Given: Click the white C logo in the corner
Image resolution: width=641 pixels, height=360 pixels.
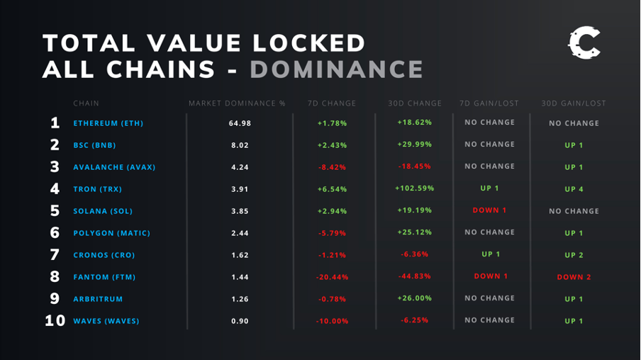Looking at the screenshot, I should pos(584,44).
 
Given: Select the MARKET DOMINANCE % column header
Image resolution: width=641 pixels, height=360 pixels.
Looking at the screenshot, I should pos(237,103).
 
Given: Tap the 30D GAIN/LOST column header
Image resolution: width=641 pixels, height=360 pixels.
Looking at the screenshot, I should pos(574,103).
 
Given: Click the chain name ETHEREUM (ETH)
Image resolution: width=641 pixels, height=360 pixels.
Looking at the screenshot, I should pos(108,123).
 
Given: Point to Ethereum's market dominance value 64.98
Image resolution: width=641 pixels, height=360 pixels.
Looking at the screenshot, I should pos(240,123).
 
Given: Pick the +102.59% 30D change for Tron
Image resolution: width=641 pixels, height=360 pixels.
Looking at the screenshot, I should pos(414,189).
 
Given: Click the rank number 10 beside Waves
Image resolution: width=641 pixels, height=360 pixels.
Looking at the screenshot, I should pos(55,321).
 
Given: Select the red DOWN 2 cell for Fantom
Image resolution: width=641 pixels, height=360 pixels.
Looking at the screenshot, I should pos(574,277).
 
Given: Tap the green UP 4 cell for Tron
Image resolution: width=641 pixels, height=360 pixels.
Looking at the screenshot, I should pos(574,189).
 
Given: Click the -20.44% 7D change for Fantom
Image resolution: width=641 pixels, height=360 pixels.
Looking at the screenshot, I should pos(332,277).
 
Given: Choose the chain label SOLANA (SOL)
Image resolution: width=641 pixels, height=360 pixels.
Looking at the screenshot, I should pos(103,211).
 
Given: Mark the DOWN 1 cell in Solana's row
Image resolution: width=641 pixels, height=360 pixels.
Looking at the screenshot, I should pos(489,210).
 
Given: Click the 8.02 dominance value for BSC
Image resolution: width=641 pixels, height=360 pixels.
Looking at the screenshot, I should pos(240,145).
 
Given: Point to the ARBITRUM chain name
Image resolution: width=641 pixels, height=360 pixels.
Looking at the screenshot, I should pos(98,299).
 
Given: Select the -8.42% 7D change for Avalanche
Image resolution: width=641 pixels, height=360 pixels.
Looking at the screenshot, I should pos(332,167).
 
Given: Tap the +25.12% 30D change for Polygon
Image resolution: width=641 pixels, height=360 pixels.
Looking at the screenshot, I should pos(414,232).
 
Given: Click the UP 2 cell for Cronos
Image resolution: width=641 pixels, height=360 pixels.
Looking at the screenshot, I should pos(574,255).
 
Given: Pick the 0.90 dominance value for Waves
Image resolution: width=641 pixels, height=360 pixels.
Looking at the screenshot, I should pos(240,321).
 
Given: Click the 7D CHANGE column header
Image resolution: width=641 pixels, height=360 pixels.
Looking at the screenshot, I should pos(332,103).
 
